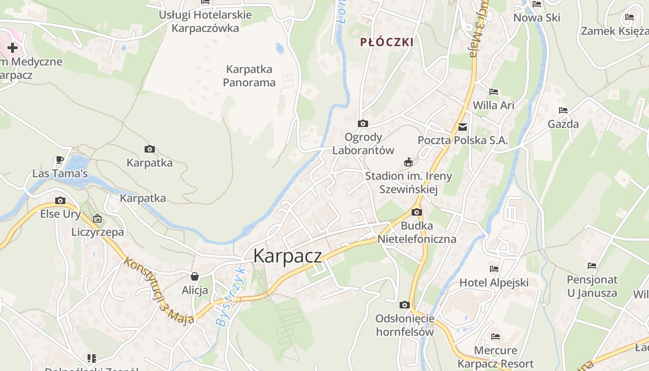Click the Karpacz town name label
pyautogui.click(x=287, y=256)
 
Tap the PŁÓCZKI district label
pyautogui.click(x=387, y=42)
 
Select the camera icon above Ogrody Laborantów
pyautogui.click(x=363, y=123)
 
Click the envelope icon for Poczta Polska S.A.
pyautogui.click(x=463, y=127)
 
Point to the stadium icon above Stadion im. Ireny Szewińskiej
pyautogui.click(x=408, y=162)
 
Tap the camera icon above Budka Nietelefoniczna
pyautogui.click(x=417, y=212)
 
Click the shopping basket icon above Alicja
pyautogui.click(x=195, y=277)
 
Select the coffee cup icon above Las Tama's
pyautogui.click(x=59, y=160)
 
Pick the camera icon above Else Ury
pyautogui.click(x=60, y=201)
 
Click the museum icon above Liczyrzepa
pyautogui.click(x=97, y=218)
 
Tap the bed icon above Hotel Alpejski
pyautogui.click(x=494, y=269)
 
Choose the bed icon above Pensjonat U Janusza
pyautogui.click(x=592, y=266)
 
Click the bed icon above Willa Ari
pyautogui.click(x=494, y=92)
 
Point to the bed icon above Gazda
pyautogui.click(x=563, y=110)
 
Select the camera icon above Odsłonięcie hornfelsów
pyautogui.click(x=405, y=305)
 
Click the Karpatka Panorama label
pyautogui.click(x=249, y=76)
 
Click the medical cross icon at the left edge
pyautogui.click(x=13, y=48)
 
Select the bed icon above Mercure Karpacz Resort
pyautogui.click(x=496, y=337)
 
